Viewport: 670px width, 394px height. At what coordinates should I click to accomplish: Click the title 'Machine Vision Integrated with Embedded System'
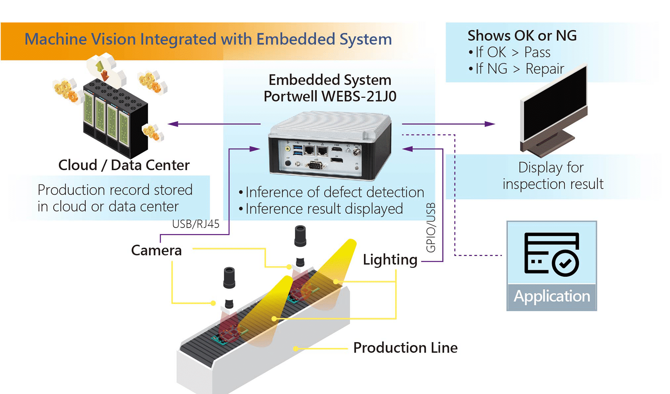pos(208,39)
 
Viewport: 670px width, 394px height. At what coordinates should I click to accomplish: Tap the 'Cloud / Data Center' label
pos(124,165)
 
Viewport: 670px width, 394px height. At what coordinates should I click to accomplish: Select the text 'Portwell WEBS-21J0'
pos(330,96)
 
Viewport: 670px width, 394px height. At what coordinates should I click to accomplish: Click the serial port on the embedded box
pos(315,165)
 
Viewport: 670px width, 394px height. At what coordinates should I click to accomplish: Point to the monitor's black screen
pos(555,105)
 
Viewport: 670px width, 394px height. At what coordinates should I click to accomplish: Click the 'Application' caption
pos(552,296)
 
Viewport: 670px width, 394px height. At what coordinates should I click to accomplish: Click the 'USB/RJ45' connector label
pos(195,224)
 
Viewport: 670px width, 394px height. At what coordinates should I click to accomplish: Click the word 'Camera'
pos(156,250)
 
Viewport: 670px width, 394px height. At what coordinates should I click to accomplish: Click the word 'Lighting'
pos(390,260)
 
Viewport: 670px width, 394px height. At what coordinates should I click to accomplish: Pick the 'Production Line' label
pos(405,348)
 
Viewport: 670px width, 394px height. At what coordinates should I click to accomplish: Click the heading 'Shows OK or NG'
pos(522,36)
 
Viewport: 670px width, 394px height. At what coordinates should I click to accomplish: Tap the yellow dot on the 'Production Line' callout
pos(296,349)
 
